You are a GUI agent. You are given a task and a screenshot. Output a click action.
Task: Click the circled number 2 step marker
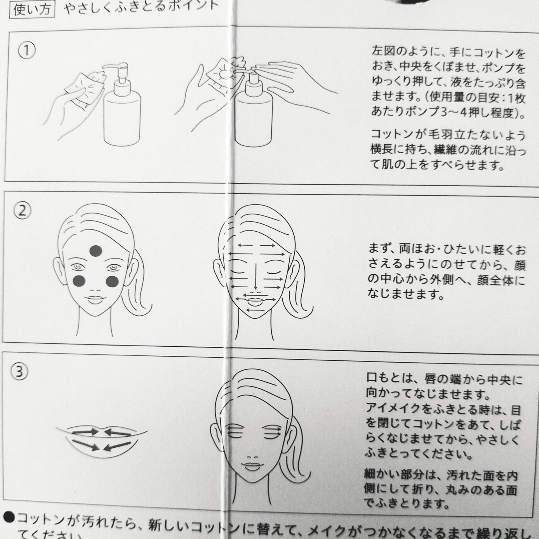point(23,210)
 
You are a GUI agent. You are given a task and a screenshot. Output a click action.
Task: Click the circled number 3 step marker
point(20,372)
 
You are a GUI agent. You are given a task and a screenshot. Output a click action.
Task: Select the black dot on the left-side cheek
point(80,280)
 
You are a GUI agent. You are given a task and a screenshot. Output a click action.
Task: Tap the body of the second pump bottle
point(254,117)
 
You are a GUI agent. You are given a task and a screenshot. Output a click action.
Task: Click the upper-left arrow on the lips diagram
point(85,431)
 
